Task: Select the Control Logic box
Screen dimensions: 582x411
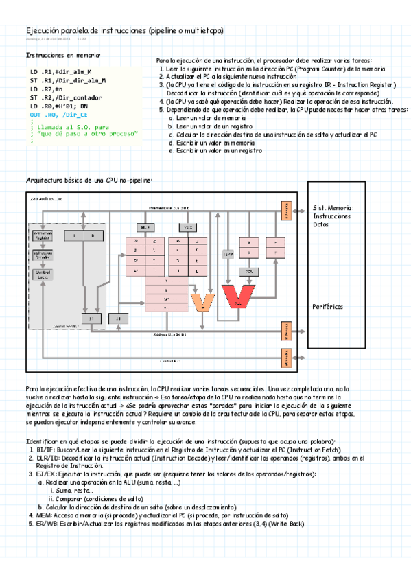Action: [43, 275]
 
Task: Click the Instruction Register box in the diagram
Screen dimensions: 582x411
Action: [43, 236]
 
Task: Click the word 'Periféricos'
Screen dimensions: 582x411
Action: [329, 306]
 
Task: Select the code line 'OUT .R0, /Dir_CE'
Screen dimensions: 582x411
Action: [58, 115]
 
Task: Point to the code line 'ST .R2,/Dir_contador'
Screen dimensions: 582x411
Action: [66, 98]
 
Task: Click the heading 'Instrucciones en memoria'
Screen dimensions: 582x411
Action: [62, 55]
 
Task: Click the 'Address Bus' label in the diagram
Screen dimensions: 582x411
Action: [172, 334]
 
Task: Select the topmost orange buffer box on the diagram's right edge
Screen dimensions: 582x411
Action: [285, 207]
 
